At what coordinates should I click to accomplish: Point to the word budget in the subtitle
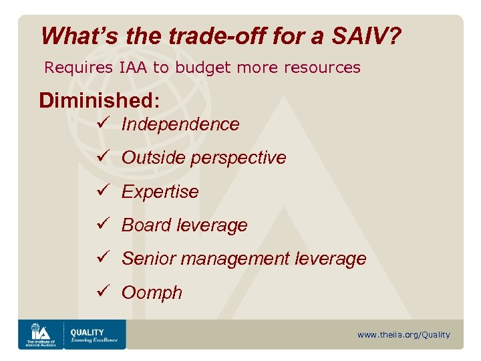pos(201,68)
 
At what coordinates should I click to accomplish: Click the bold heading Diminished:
pos(100,100)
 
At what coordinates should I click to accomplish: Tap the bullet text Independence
pos(180,124)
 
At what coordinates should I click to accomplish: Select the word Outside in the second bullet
pos(154,158)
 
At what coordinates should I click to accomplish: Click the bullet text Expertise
pos(160,192)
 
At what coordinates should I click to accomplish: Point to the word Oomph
pos(152,293)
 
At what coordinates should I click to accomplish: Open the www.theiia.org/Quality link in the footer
pos(404,334)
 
